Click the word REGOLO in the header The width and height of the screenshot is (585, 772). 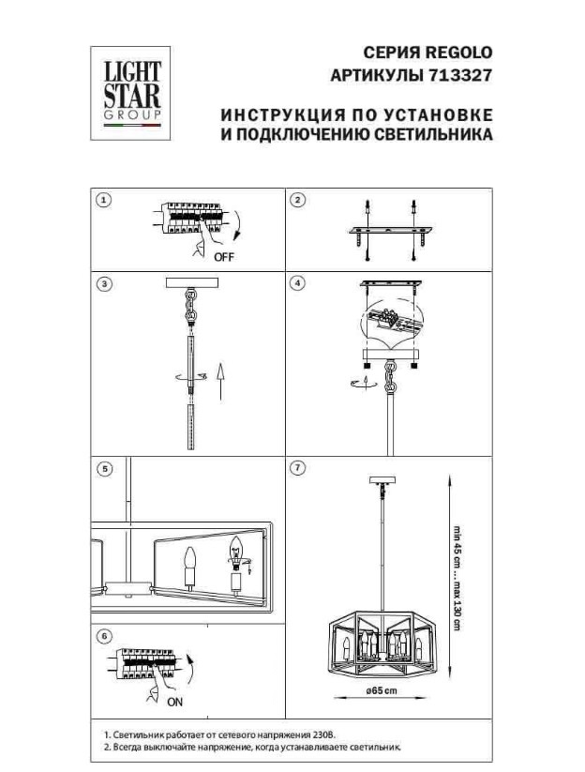tap(458, 53)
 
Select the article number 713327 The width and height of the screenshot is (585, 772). tap(460, 75)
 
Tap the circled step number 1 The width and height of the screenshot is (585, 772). tap(104, 200)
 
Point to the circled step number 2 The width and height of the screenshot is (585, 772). tap(298, 200)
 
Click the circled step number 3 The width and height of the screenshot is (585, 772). tap(104, 283)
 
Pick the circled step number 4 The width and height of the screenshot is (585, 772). tap(298, 283)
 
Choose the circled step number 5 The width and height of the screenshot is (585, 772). tap(104, 469)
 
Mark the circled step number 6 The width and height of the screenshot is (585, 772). tap(104, 636)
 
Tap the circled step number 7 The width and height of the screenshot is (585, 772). tap(298, 468)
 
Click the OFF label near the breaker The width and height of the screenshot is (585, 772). tap(224, 257)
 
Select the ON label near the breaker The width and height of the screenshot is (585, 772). tap(174, 702)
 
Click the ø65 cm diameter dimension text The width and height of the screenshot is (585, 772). tap(382, 690)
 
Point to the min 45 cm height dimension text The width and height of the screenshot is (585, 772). tap(457, 548)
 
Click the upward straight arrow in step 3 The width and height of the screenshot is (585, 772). tap(221, 381)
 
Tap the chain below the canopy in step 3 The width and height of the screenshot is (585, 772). tap(191, 306)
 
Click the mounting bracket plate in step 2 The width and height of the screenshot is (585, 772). tap(391, 231)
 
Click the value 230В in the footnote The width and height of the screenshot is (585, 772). tap(323, 734)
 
